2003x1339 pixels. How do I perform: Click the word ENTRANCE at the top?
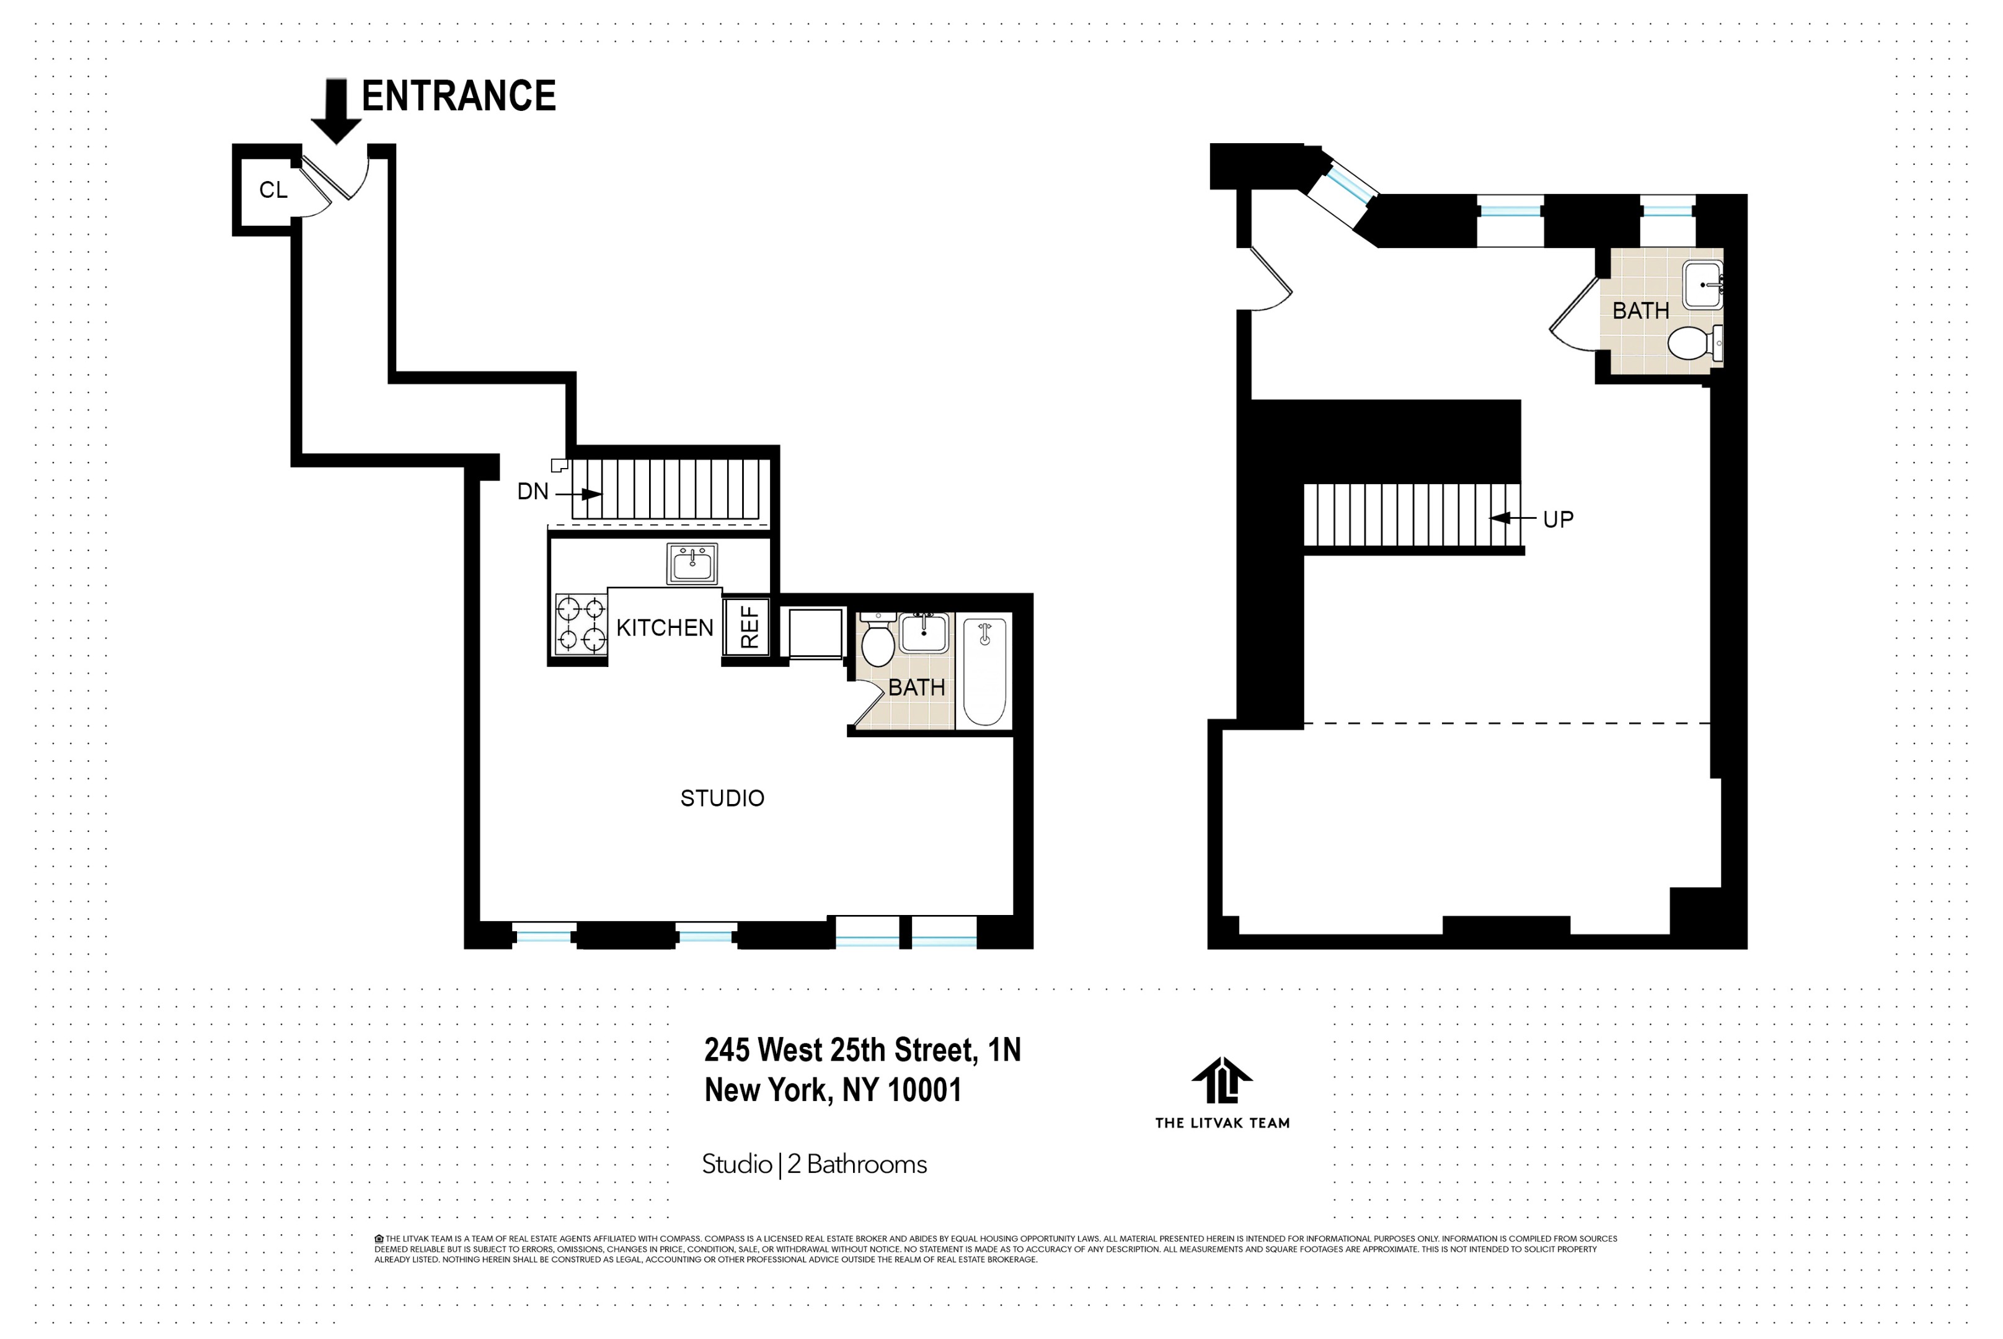[459, 95]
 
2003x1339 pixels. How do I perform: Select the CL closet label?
[273, 190]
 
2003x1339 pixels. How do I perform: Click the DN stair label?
[533, 492]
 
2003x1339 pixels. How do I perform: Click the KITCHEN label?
[664, 627]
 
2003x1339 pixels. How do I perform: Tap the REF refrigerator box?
[747, 627]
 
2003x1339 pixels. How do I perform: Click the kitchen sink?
[692, 563]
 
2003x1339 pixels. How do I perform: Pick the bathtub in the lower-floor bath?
[984, 672]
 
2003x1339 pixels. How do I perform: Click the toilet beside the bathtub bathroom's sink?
[878, 639]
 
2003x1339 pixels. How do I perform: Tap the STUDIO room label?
[722, 798]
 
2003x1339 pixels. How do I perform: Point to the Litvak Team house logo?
[1222, 1080]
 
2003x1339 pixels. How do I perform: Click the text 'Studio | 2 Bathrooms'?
[815, 1165]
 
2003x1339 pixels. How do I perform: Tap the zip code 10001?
[925, 1090]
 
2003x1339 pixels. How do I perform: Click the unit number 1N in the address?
[1004, 1050]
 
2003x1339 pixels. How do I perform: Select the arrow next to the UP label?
[1512, 518]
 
